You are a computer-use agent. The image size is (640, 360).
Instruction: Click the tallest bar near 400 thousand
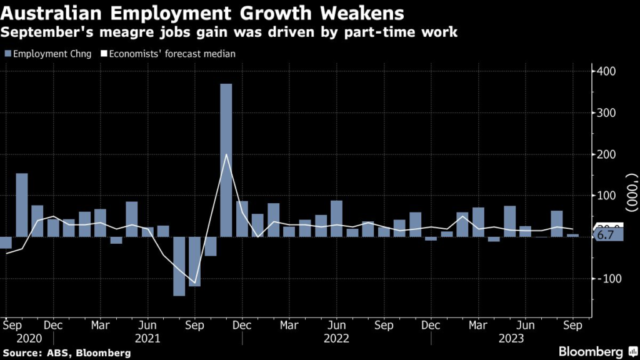[226, 159]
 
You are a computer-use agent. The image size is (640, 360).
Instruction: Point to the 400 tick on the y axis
[606, 72]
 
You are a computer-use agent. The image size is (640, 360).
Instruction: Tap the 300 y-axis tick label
[606, 113]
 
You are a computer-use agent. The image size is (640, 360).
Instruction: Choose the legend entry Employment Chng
[49, 54]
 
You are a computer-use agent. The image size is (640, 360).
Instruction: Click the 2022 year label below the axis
[336, 338]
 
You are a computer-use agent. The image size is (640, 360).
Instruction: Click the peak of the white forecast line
[226, 154]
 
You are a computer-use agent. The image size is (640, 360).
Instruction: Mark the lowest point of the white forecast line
[194, 283]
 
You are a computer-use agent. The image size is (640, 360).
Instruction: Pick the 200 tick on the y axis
[606, 154]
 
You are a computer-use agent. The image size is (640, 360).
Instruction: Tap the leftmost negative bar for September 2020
[6, 242]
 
